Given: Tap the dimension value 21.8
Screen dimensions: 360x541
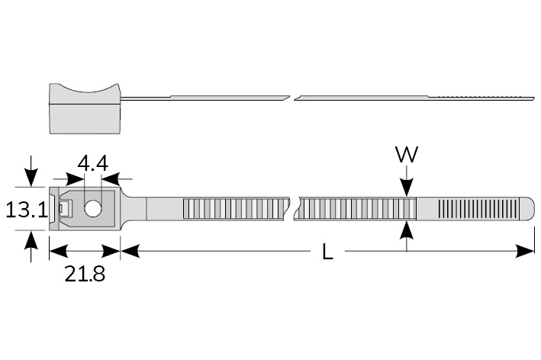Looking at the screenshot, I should [85, 274].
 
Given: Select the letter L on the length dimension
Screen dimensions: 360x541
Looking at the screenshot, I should [327, 252].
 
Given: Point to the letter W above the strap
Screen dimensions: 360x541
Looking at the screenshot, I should [406, 154].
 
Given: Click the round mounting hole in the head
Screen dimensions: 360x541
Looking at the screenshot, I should [94, 207].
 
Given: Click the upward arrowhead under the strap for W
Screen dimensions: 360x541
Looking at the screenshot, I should [406, 227].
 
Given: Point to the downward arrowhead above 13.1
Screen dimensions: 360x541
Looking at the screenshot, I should [30, 179].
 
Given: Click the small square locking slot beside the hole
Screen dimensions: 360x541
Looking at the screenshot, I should [68, 207].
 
